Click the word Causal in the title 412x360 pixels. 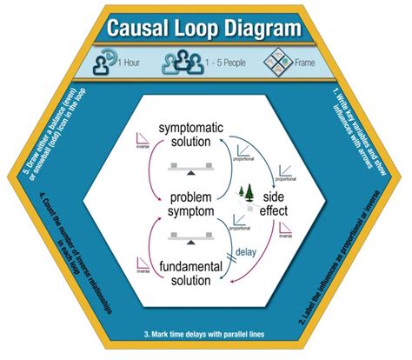pyautogui.click(x=143, y=30)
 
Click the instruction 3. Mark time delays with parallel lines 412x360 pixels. pyautogui.click(x=205, y=335)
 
